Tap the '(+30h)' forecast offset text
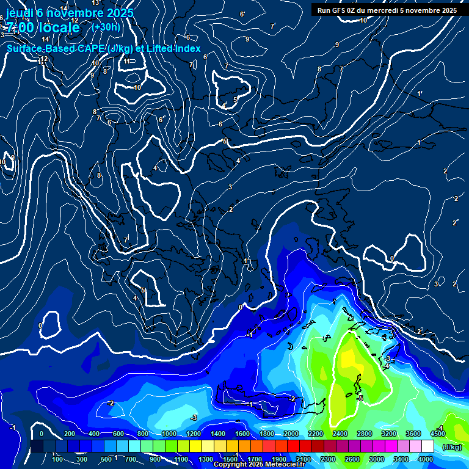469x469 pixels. [106, 27]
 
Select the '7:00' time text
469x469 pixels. [18, 27]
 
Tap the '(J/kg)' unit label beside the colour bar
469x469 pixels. [452, 446]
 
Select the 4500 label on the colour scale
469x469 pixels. [437, 434]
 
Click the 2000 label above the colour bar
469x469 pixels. [291, 434]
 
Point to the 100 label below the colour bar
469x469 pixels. [57, 459]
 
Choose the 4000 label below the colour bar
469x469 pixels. [426, 459]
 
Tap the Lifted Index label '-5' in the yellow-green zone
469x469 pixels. [360, 398]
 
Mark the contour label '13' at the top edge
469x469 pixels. [95, 3]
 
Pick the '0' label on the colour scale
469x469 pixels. [42, 434]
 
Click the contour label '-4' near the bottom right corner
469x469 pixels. [440, 427]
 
